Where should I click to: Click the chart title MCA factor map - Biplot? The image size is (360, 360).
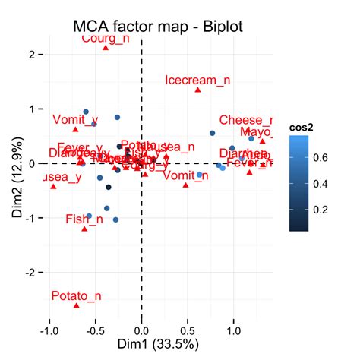click(157, 26)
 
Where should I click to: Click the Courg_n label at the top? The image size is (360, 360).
click(105, 37)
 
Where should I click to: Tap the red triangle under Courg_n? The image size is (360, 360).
click(106, 48)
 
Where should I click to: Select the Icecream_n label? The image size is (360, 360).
click(197, 80)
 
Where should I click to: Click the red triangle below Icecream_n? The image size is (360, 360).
click(197, 90)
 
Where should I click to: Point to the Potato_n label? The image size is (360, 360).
click(76, 295)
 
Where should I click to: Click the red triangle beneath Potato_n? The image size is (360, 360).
click(76, 305)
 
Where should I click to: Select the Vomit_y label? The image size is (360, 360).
click(75, 120)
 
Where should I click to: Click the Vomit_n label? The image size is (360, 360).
click(185, 175)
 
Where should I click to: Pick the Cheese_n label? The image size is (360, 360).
click(245, 120)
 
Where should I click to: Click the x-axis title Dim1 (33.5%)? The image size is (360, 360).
click(157, 344)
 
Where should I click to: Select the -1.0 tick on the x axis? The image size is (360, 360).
click(49, 331)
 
